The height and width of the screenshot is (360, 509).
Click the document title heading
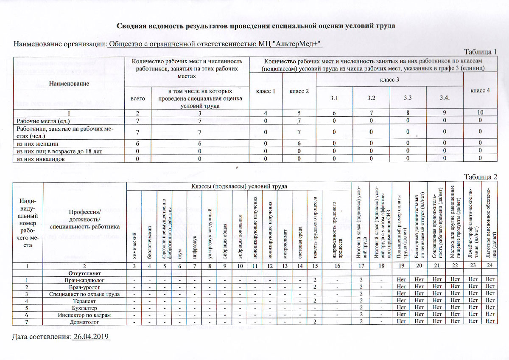[256, 26]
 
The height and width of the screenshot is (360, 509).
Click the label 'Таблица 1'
[480, 52]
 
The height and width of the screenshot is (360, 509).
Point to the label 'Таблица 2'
[480, 177]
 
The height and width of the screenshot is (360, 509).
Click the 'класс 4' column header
[480, 90]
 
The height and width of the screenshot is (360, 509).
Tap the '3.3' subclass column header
[408, 98]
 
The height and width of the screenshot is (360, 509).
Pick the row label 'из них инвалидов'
[40, 158]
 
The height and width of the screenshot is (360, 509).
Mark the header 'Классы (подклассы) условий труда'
[239, 186]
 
